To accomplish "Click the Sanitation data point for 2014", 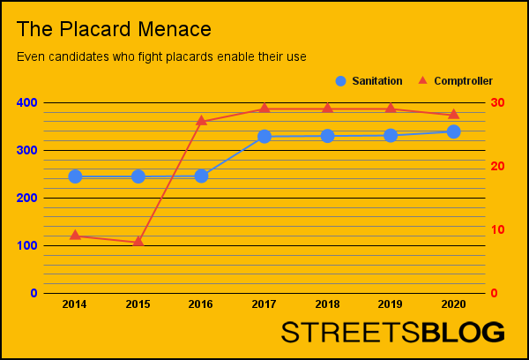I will coord(75,176).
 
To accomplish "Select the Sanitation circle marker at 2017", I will coord(264,137).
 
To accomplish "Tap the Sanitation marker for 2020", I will coord(453,131).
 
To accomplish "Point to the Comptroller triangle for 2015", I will coord(138,241).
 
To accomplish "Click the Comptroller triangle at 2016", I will coord(201,120).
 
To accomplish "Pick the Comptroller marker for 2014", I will coord(75,235).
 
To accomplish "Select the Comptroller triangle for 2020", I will coord(453,114).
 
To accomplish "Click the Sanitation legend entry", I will coord(369,81).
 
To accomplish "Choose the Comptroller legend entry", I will coord(454,81).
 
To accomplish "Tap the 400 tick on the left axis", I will coord(27,103).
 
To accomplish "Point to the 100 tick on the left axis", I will coord(27,245).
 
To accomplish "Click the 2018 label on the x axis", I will coord(327,304).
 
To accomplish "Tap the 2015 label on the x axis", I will coord(138,304).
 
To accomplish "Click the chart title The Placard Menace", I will coord(114,29).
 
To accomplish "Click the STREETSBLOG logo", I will coord(392,333).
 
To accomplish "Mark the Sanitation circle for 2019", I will coord(391,135).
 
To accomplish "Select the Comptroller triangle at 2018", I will coord(327,108).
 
